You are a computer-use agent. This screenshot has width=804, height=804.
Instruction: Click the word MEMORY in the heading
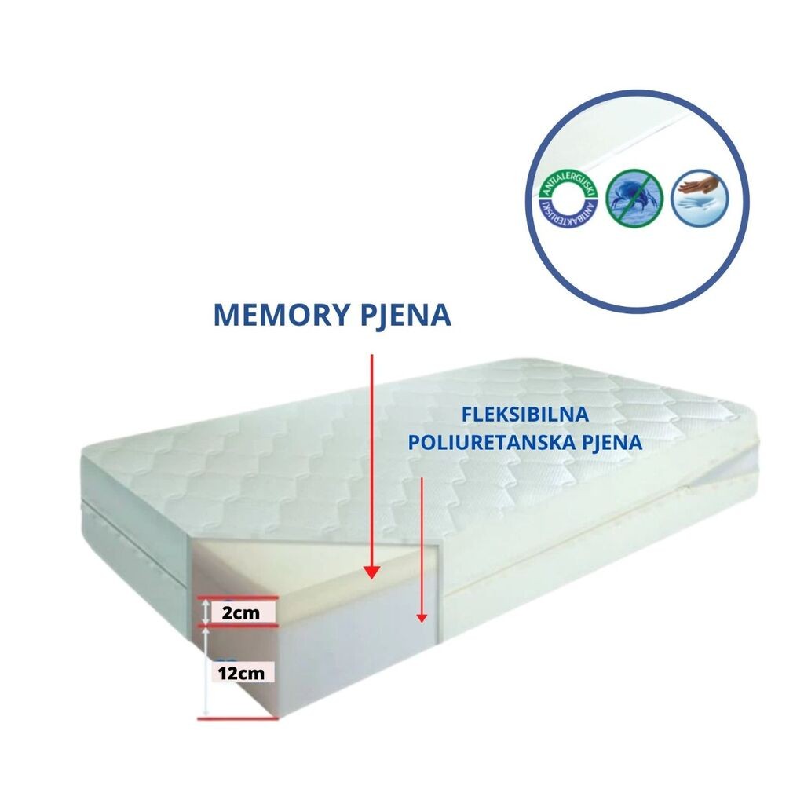coord(276,315)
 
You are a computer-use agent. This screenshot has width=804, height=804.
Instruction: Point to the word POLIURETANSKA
coord(485,442)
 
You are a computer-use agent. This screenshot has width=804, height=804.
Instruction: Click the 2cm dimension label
coord(241,613)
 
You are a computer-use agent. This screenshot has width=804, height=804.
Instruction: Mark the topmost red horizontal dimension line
coord(236,598)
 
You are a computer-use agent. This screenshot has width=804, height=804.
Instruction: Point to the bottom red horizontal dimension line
coord(236,718)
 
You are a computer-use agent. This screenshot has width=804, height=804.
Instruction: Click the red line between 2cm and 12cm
coord(236,626)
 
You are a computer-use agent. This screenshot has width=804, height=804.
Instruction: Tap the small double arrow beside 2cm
coord(206,612)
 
